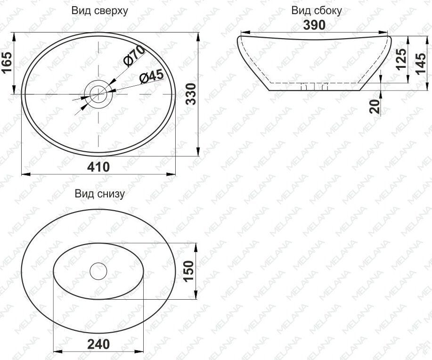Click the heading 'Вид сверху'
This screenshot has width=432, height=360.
coord(100,11)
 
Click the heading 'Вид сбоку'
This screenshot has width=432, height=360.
coord(317,11)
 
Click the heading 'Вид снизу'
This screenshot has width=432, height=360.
coord(100,194)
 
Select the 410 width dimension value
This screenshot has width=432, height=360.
coord(98,167)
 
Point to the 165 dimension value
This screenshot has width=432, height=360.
coord(7,63)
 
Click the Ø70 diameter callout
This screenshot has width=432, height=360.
coord(134,56)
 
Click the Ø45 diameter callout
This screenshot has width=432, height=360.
coord(151,75)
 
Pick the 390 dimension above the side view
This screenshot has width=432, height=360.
coord(314,25)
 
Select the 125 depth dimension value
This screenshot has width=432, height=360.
coord(401,59)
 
